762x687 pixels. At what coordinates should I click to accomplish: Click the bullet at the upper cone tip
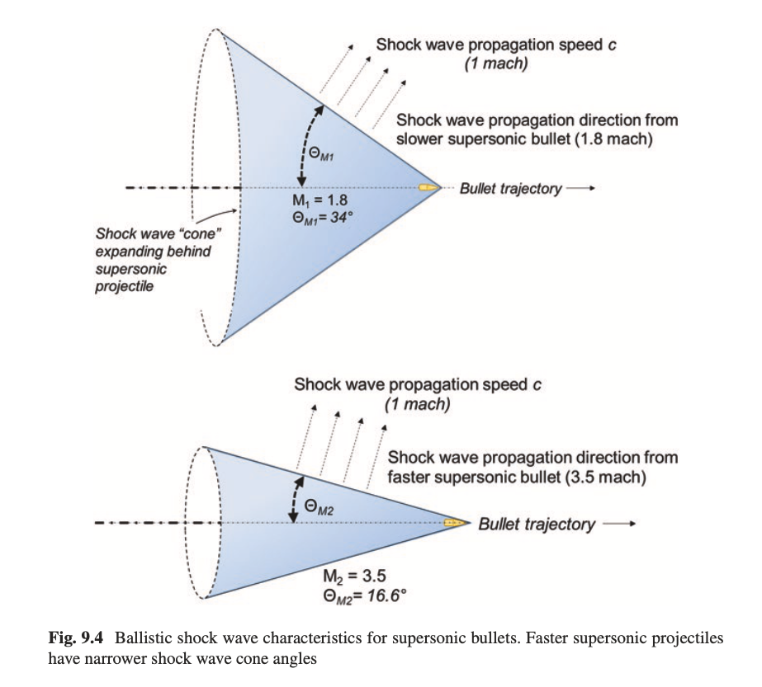coord(428,189)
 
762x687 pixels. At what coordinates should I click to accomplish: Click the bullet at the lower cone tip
coord(452,524)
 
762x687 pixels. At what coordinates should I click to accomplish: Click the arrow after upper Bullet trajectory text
coord(581,189)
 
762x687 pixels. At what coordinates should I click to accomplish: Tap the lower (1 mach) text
coord(417,404)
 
